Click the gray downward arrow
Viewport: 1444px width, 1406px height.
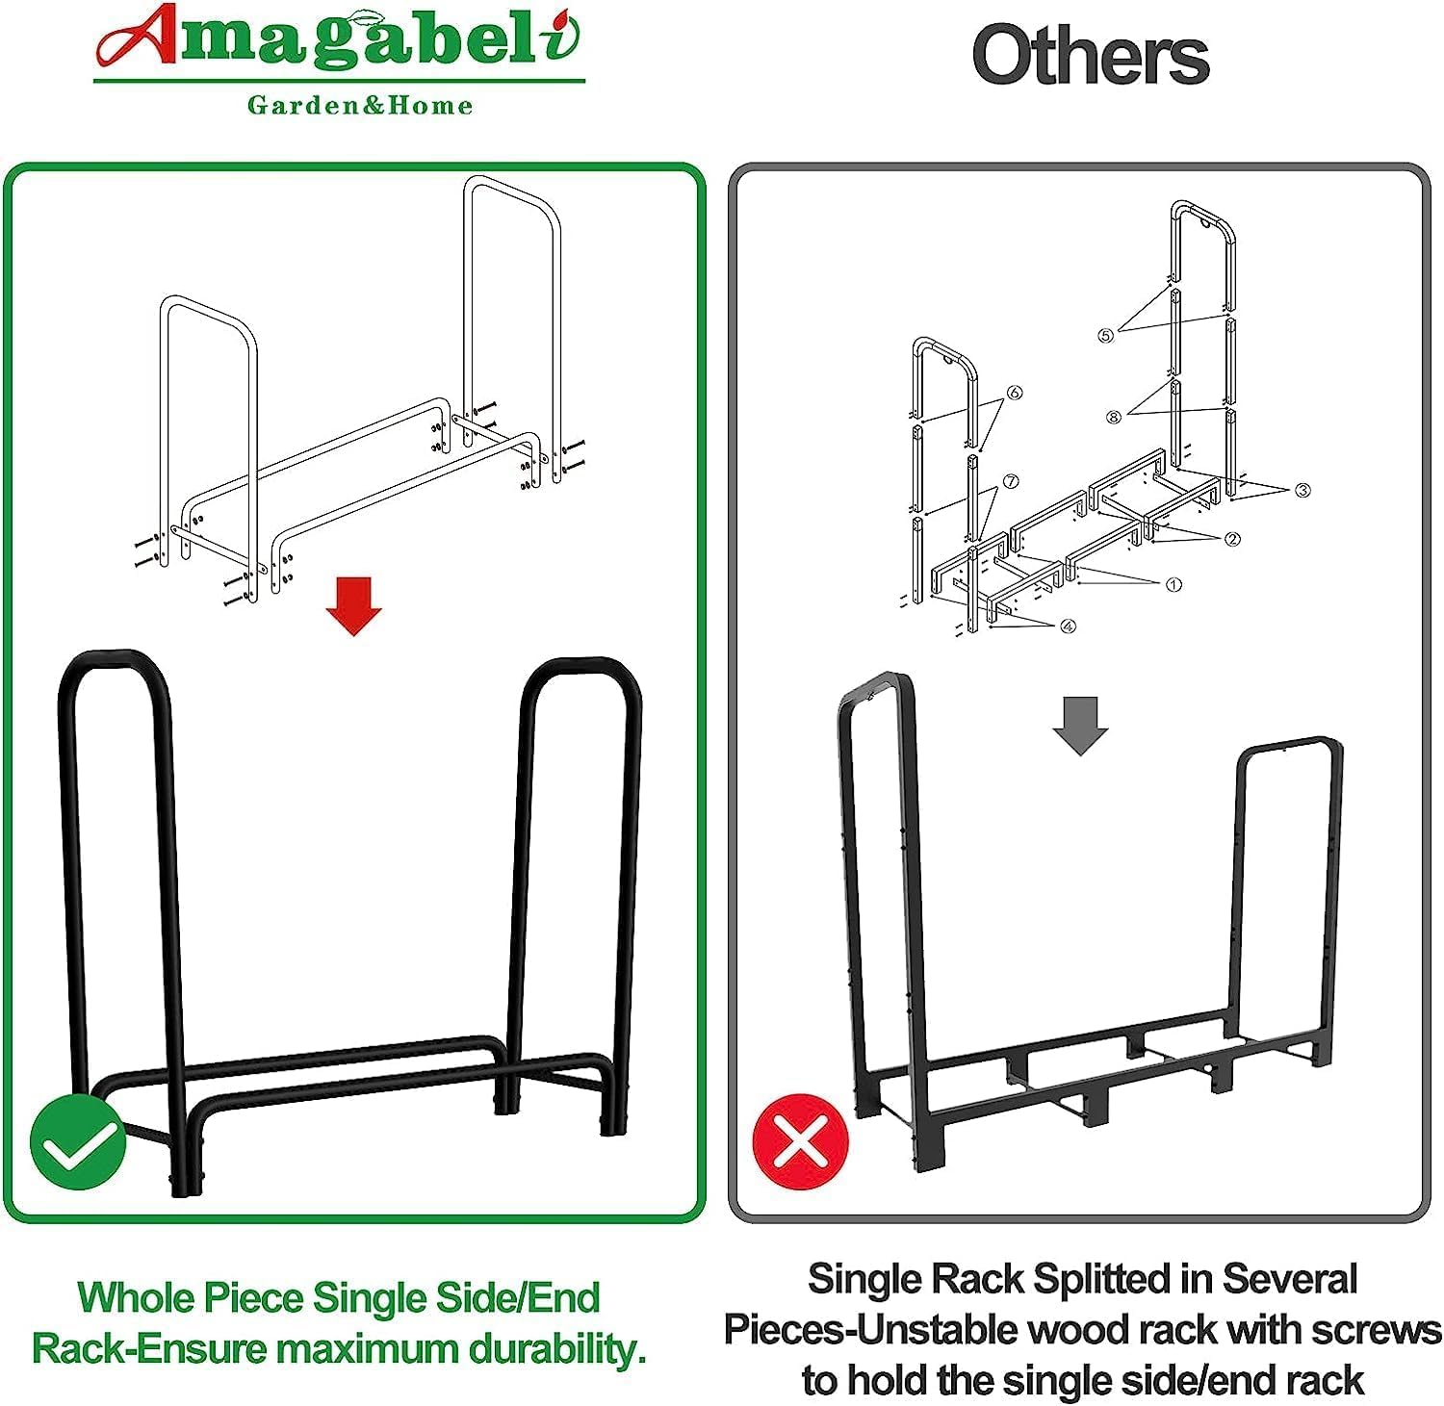(x=1080, y=727)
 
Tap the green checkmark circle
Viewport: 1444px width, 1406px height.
(x=78, y=1142)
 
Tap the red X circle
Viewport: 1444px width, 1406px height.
(x=801, y=1141)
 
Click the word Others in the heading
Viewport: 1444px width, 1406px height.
(x=1090, y=56)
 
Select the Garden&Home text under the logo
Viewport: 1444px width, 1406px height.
(x=360, y=105)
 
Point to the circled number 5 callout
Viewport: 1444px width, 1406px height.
(x=1106, y=335)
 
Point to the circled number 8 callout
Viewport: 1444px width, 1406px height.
(x=1114, y=417)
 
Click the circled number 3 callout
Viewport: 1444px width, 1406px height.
(x=1302, y=490)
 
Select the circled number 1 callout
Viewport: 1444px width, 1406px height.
(x=1173, y=584)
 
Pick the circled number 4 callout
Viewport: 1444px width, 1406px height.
(x=1068, y=626)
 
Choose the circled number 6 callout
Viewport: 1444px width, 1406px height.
(x=1015, y=393)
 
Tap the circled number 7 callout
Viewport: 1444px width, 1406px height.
(x=1010, y=481)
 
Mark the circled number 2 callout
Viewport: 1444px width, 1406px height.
(x=1233, y=539)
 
